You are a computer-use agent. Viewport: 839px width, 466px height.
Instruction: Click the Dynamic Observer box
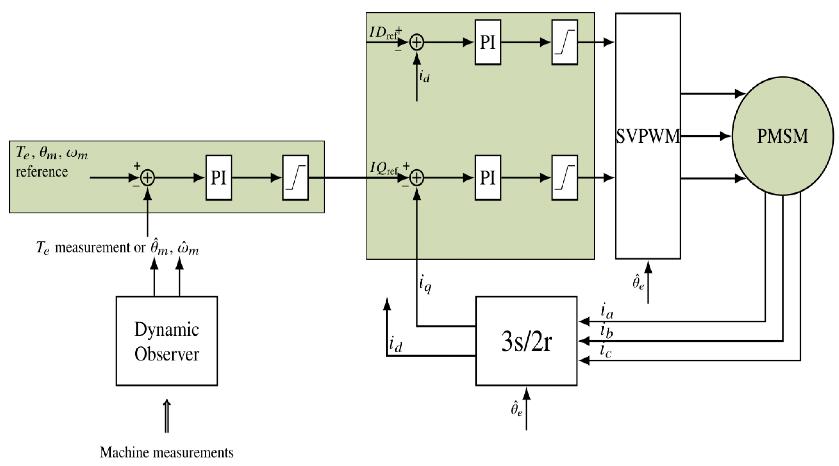[x=166, y=341]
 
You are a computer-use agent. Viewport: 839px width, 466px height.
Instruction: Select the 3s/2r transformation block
[x=526, y=341]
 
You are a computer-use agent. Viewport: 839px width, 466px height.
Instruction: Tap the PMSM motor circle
[x=782, y=136]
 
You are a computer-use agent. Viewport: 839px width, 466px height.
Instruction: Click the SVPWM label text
[x=648, y=136]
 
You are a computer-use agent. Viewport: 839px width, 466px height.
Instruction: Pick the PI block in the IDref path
[x=487, y=42]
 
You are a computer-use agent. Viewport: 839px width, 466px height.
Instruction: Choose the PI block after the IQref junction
[x=487, y=177]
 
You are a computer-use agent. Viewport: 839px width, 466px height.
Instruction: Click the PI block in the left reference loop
[x=218, y=177]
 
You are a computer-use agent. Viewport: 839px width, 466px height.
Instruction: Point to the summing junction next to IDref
[x=417, y=42]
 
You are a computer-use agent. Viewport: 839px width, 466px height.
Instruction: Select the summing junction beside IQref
[x=417, y=178]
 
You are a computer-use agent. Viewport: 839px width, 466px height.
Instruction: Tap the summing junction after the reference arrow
[x=147, y=178]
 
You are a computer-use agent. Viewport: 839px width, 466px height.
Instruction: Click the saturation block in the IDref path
[x=564, y=42]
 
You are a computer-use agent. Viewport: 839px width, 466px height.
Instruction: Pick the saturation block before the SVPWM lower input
[x=564, y=177]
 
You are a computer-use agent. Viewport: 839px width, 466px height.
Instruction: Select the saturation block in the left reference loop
[x=295, y=177]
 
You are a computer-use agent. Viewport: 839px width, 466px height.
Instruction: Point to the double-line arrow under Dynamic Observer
[x=167, y=416]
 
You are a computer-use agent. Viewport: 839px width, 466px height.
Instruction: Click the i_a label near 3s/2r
[x=606, y=311]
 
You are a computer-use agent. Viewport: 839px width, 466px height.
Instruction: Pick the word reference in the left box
[x=42, y=172]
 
